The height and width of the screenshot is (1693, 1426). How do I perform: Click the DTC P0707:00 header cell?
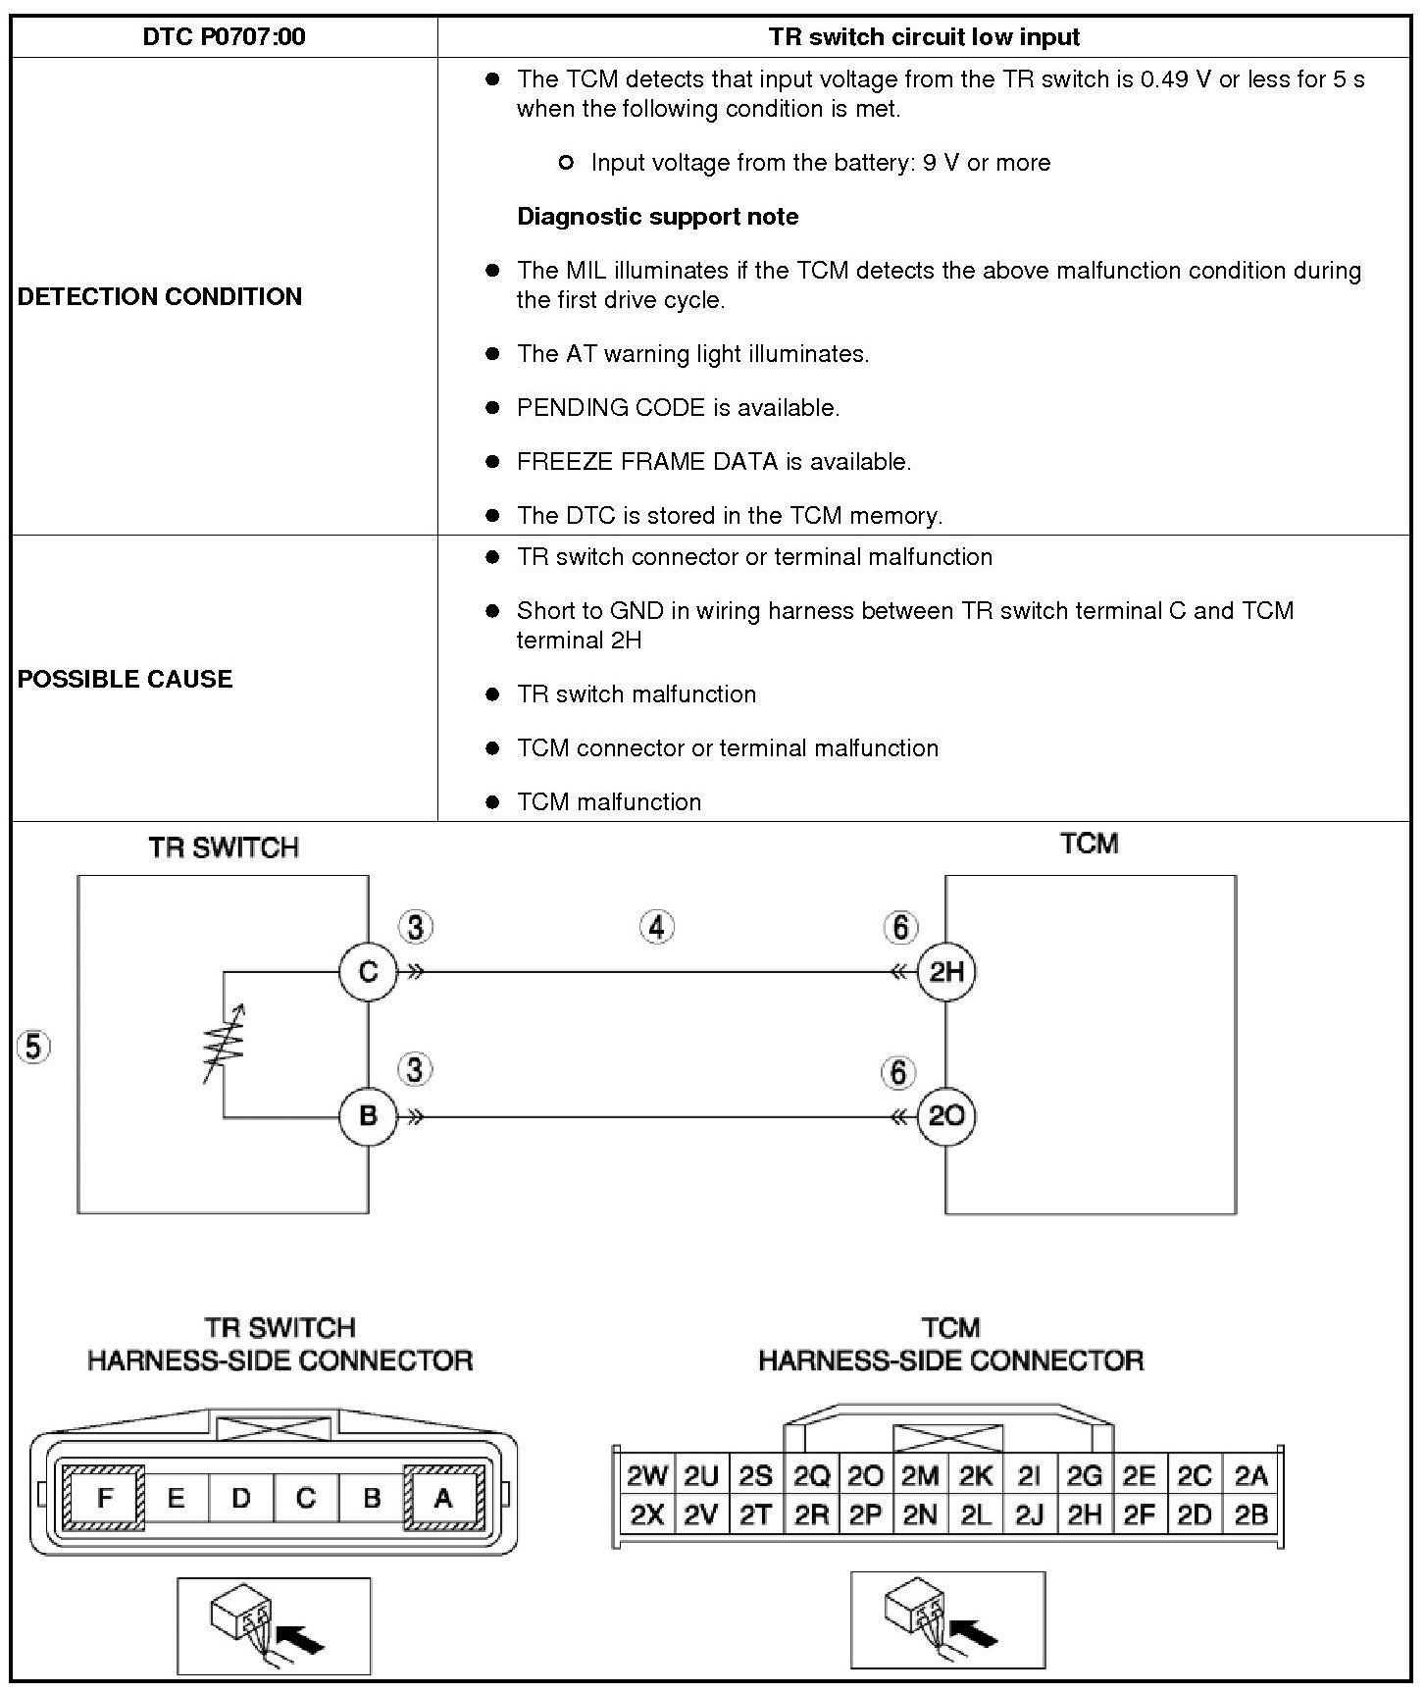coord(224,37)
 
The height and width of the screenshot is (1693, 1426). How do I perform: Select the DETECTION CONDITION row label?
coord(160,296)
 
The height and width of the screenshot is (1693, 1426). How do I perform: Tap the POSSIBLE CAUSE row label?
coord(125,679)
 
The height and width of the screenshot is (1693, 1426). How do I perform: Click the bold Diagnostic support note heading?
coord(657,217)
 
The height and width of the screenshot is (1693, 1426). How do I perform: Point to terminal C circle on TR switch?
coord(368,972)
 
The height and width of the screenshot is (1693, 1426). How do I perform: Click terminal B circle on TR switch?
coord(368,1116)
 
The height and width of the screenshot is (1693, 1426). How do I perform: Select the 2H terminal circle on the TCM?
coord(946,972)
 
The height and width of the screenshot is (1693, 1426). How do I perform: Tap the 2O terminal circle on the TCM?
coord(946,1116)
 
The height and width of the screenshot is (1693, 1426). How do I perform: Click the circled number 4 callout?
coord(657,927)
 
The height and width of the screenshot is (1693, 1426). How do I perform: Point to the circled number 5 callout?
coord(33,1048)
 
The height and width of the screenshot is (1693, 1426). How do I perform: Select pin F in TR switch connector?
coord(104,1498)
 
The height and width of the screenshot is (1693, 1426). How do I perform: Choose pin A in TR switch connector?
coord(443,1498)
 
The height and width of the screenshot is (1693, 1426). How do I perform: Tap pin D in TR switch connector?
coord(241,1498)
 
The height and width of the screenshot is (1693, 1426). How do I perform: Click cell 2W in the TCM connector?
coord(646,1476)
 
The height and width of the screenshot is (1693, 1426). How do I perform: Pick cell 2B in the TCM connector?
coord(1251,1515)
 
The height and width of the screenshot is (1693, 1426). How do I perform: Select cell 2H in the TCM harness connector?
coord(1085,1515)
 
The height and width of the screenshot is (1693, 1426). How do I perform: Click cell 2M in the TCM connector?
coord(920,1476)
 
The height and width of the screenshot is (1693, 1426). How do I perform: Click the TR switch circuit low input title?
coord(924,37)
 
